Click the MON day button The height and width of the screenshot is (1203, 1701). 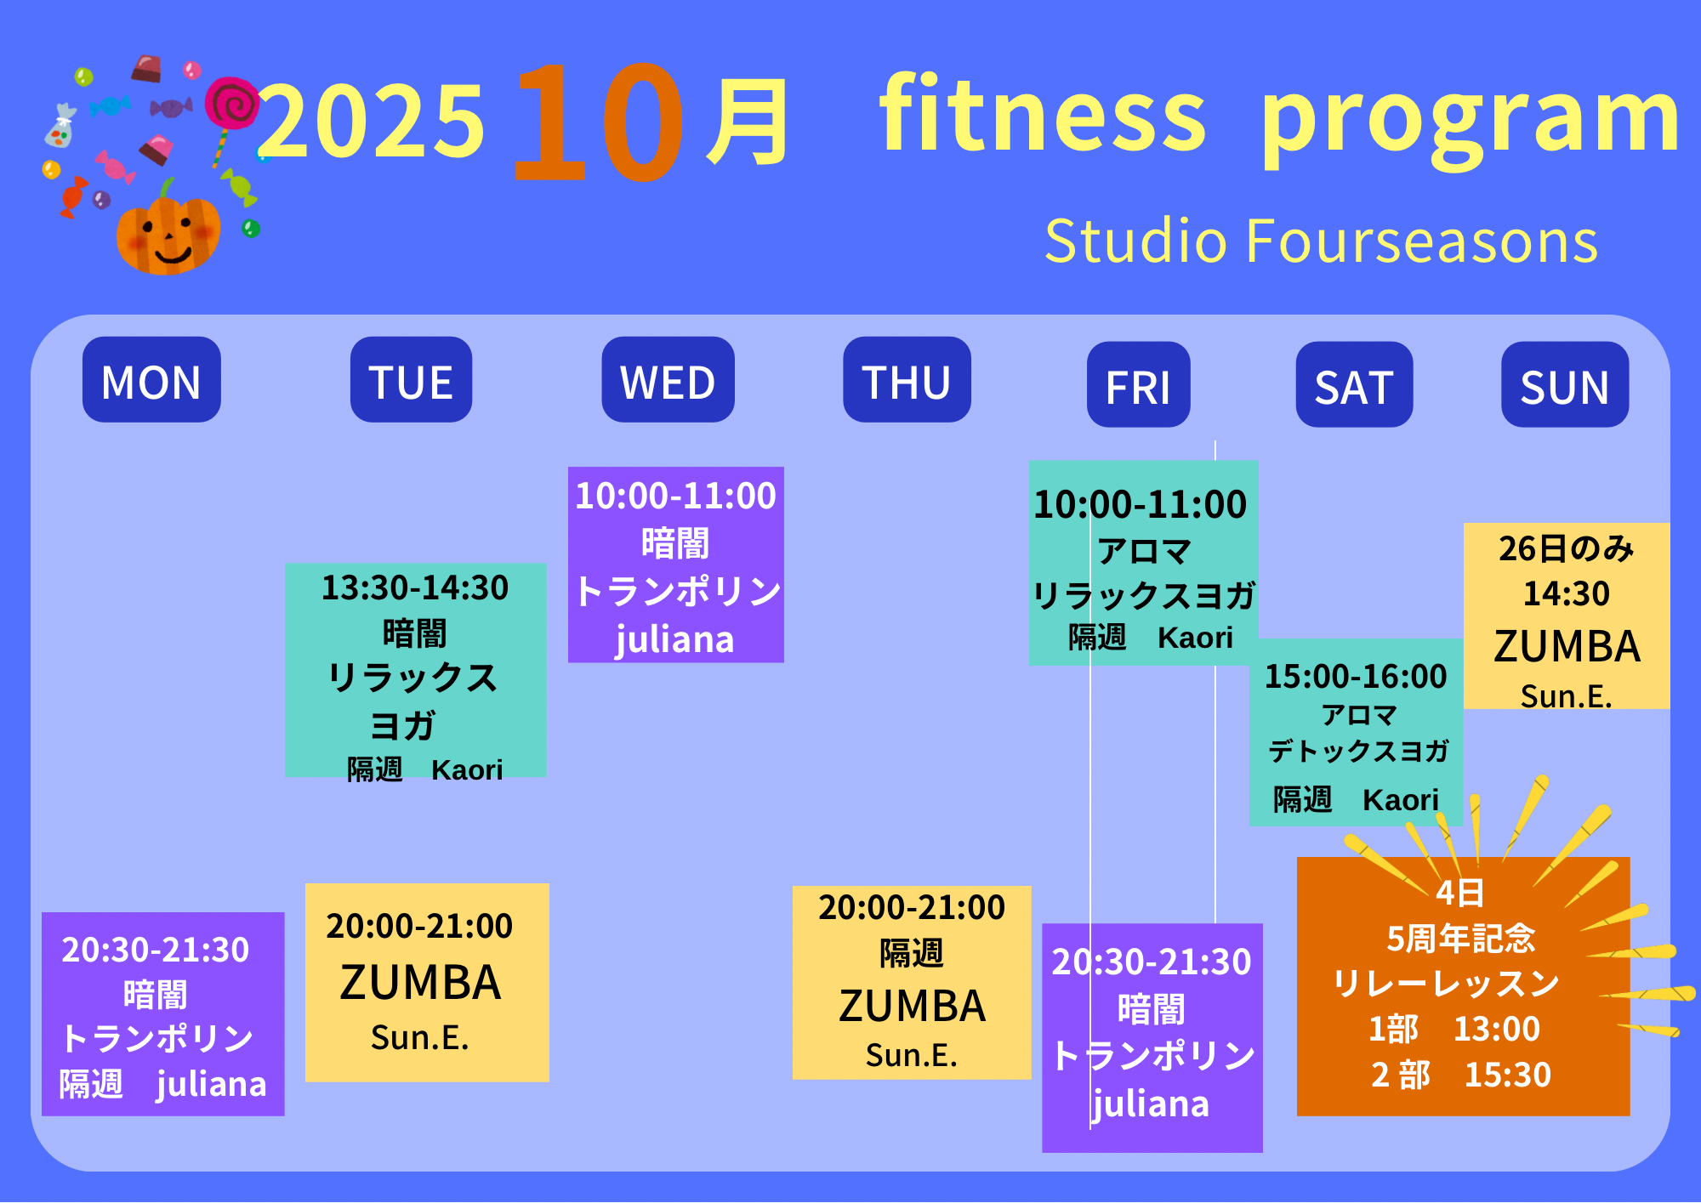(151, 379)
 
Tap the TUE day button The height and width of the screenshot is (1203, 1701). (411, 379)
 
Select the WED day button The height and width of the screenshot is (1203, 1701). (668, 379)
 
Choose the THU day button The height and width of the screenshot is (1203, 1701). (907, 379)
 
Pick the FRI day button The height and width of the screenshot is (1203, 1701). (1138, 384)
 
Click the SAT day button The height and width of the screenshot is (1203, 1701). (1354, 384)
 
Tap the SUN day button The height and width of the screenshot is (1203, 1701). (1565, 384)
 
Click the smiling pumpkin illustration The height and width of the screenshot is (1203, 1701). (168, 230)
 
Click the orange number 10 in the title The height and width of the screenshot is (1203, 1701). (598, 122)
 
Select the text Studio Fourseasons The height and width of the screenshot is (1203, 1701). (1321, 241)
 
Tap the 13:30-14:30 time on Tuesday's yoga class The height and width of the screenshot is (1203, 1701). (415, 587)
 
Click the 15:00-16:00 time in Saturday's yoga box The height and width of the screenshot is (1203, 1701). (1356, 676)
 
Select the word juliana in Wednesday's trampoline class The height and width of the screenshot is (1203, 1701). (674, 639)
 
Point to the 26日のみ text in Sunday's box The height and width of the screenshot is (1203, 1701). (1567, 548)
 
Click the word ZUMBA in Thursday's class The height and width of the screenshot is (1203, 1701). (912, 1006)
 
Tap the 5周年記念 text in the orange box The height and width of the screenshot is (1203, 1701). (1461, 939)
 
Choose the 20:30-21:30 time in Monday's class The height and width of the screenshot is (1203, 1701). (156, 950)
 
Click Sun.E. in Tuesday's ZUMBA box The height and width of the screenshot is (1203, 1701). (419, 1037)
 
